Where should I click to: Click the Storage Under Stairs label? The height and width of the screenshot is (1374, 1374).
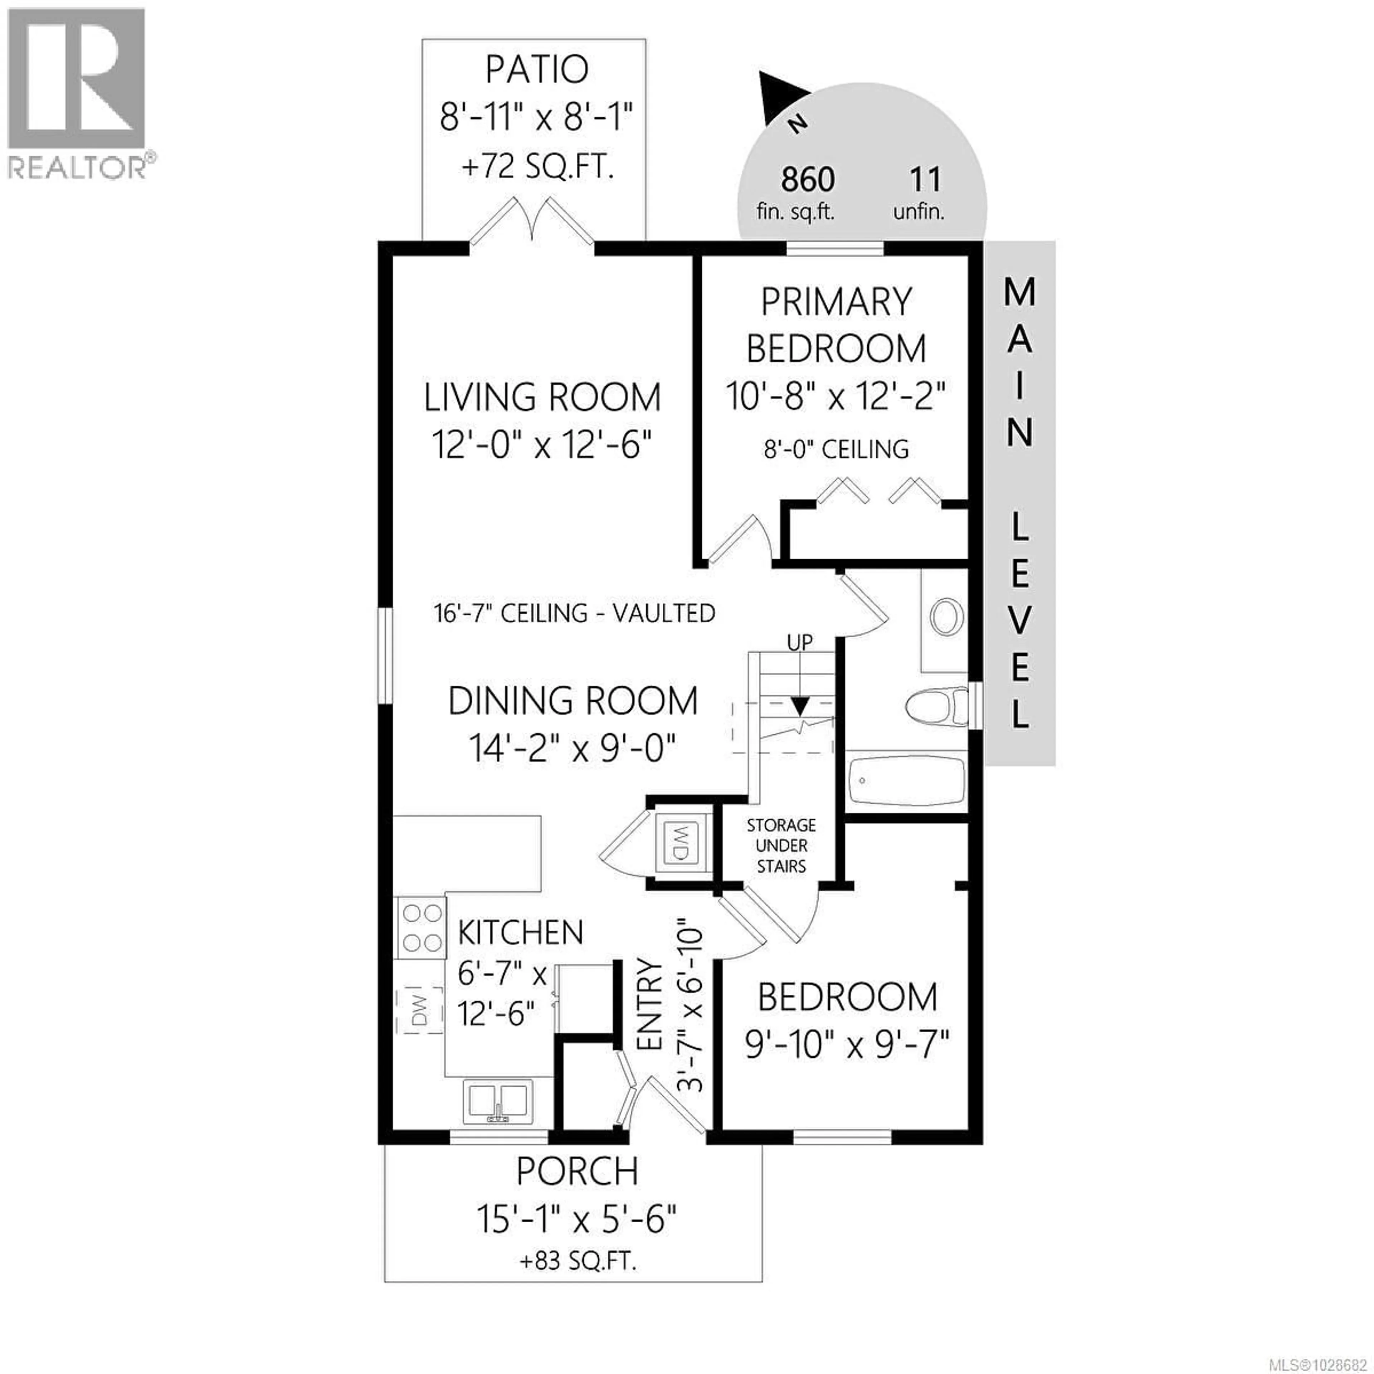pos(781,846)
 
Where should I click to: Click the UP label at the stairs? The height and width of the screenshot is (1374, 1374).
pos(799,642)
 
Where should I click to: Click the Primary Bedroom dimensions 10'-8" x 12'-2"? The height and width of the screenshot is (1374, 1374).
pos(835,396)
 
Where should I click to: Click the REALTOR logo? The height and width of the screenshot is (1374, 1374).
pos(77,92)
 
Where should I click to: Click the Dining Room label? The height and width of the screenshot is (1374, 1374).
pos(572,701)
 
